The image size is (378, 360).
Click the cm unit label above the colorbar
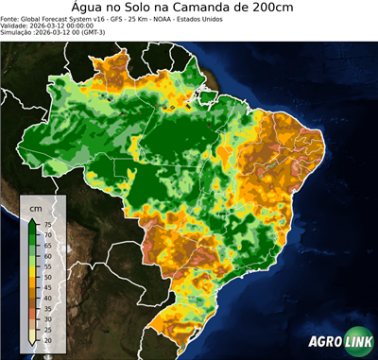click(x=35, y=207)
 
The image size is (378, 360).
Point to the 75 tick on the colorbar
click(x=47, y=225)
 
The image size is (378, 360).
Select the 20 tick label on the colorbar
click(x=47, y=339)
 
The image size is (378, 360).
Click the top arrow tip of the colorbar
click(x=32, y=218)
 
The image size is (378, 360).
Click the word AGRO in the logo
click(x=326, y=343)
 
